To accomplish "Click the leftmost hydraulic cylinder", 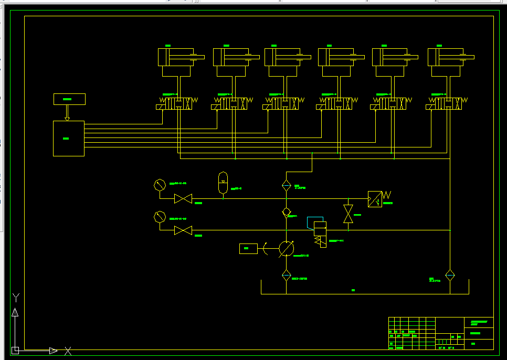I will coord(176,57).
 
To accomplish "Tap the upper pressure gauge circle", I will coord(160,185).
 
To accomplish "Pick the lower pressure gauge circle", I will coord(160,217).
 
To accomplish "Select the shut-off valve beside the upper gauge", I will coord(183,199).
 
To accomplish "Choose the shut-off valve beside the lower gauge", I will coord(183,230).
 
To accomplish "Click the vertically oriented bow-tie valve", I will coord(348,214).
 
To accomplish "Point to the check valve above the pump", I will coord(287,212).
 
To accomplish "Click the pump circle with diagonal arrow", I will coord(286,249).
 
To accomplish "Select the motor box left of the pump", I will coord(248,249).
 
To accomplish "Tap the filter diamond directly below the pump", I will coord(287,275).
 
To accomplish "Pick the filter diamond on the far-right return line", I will coord(450,275).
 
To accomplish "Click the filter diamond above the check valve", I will coord(287,185).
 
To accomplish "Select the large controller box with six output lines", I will coord(69,139).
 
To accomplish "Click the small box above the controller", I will coord(69,99).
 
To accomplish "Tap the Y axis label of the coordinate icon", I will coord(16,298).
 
